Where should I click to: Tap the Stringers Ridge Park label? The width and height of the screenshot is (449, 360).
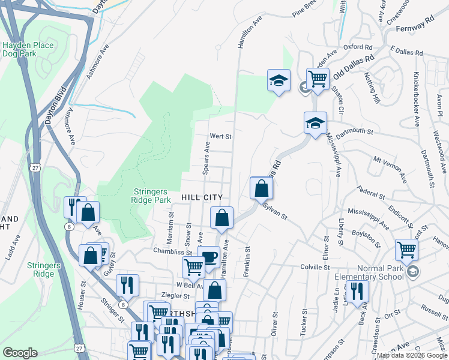[151, 196]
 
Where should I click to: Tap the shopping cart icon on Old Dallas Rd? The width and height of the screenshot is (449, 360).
[318, 79]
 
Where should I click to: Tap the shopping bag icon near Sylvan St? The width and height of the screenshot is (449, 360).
[262, 189]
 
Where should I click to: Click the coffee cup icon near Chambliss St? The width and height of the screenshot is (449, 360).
[208, 257]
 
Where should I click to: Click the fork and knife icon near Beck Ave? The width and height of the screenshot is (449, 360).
[357, 292]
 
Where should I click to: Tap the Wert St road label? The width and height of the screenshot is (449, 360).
[220, 136]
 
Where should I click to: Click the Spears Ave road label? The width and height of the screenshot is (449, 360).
[206, 158]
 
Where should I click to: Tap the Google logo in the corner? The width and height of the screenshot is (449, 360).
[20, 353]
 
